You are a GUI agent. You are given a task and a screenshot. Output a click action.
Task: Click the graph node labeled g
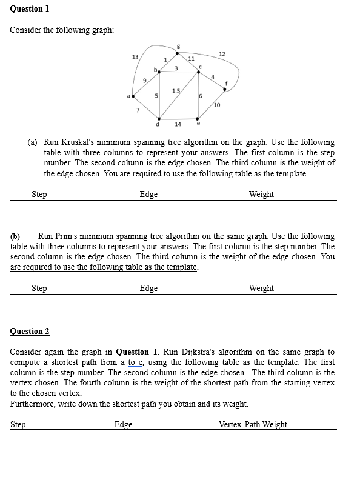tap(177, 53)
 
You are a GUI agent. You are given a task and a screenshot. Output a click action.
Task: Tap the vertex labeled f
tap(225, 90)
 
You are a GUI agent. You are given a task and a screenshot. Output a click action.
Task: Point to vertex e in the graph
tap(199, 118)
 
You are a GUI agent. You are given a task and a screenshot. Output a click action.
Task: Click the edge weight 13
tap(135, 56)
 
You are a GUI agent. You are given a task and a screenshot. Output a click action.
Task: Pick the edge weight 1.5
tap(175, 91)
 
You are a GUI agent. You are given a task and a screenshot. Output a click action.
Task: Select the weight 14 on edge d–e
tap(178, 124)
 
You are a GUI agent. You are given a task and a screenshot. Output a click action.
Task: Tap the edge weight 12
tap(222, 55)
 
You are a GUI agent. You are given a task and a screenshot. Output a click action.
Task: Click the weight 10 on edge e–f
tap(217, 105)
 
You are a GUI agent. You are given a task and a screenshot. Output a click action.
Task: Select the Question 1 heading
tap(30, 9)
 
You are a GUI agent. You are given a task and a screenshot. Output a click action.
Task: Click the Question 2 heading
tap(30, 331)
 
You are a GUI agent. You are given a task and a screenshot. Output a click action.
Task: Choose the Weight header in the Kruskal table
tap(261, 195)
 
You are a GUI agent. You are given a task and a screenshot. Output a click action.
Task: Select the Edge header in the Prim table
tap(148, 289)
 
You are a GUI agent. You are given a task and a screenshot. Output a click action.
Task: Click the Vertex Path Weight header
tap(253, 425)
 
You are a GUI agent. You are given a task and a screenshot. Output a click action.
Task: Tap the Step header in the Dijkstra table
tap(18, 425)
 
